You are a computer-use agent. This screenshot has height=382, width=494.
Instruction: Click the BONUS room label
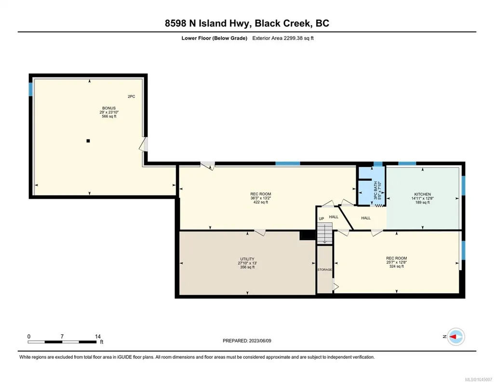109,108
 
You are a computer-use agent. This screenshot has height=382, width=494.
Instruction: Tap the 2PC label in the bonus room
132,96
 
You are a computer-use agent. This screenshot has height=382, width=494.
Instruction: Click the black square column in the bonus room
88,141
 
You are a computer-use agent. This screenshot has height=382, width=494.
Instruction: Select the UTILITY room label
247,259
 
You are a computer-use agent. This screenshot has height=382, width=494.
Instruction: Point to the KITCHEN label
423,194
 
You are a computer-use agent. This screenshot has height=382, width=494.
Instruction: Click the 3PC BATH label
375,191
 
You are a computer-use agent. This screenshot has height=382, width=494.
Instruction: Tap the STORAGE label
324,270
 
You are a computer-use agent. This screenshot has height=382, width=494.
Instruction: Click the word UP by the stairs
321,219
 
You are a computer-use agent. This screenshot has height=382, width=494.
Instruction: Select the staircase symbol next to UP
324,233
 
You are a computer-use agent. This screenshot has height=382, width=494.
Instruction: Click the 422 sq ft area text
261,203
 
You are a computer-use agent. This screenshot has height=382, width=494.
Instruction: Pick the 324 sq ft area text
397,266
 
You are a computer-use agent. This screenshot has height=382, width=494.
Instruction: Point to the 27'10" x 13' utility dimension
247,263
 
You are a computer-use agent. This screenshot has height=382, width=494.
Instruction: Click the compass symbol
456,337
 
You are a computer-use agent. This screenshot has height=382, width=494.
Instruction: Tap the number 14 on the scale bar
98,337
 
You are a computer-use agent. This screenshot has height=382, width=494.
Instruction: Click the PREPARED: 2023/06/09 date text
247,341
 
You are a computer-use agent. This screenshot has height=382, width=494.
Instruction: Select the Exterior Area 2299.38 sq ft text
283,38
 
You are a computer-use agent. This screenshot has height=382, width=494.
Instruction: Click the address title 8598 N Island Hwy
207,23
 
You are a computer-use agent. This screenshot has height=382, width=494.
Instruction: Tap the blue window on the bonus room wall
30,89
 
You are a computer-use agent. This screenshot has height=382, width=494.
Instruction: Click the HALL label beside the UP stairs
334,217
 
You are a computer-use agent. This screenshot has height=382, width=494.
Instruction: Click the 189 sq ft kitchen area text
423,203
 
